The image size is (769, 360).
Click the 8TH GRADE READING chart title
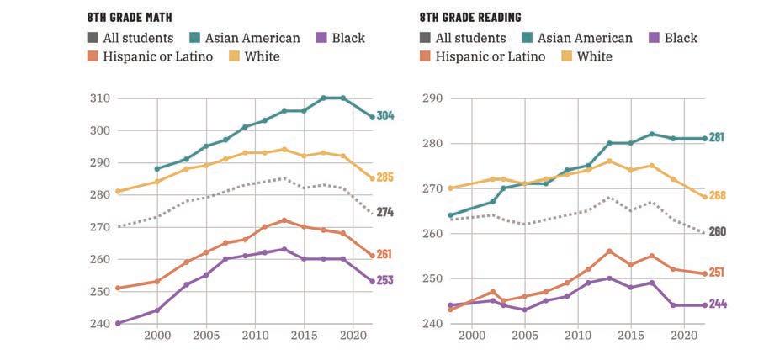(x=470, y=17)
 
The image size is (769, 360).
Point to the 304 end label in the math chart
(x=384, y=116)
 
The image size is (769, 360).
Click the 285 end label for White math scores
(x=384, y=177)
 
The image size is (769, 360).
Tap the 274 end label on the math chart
(x=384, y=213)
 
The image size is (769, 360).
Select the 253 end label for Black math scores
(x=384, y=281)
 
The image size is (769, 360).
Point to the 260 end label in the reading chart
(x=716, y=231)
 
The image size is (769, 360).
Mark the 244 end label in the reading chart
(x=716, y=304)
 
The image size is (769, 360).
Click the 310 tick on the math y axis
(x=100, y=98)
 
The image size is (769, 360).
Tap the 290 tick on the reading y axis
(x=432, y=98)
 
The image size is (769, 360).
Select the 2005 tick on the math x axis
(x=206, y=335)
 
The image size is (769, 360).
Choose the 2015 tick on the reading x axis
(x=630, y=335)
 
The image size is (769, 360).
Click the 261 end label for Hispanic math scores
(x=384, y=254)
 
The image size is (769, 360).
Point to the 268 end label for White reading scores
(x=716, y=196)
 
